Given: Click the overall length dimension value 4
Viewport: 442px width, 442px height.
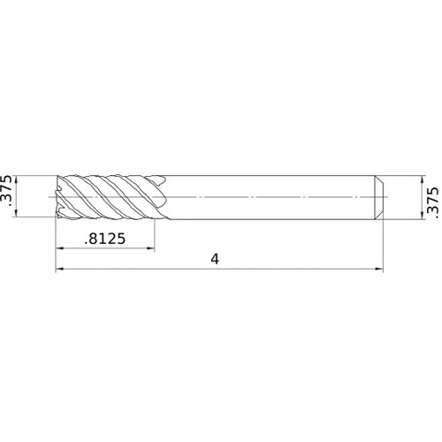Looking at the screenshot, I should tap(215, 259).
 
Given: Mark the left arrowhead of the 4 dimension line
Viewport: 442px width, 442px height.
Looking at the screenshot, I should tap(60, 270).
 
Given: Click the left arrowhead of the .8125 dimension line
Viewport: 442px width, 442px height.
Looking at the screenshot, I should tap(60, 248).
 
